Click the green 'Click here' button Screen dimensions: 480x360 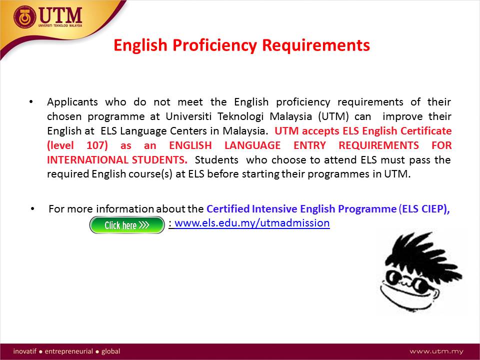point(127,225)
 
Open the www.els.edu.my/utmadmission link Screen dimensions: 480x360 point(252,223)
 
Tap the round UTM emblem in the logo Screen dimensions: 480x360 point(25,17)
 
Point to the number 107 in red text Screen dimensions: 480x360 point(97,145)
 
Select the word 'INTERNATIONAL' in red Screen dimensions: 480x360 point(87,160)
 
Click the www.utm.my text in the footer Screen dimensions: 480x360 point(436,351)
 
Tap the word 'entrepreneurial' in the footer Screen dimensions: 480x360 point(68,351)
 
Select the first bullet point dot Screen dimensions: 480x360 point(31,102)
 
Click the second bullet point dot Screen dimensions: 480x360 point(32,209)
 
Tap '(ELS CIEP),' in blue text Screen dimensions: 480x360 point(424,209)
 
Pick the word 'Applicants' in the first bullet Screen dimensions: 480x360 point(72,102)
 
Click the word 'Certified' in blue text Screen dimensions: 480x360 point(228,208)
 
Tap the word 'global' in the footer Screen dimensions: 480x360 point(111,351)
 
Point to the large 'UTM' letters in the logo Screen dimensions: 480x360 point(60,15)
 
